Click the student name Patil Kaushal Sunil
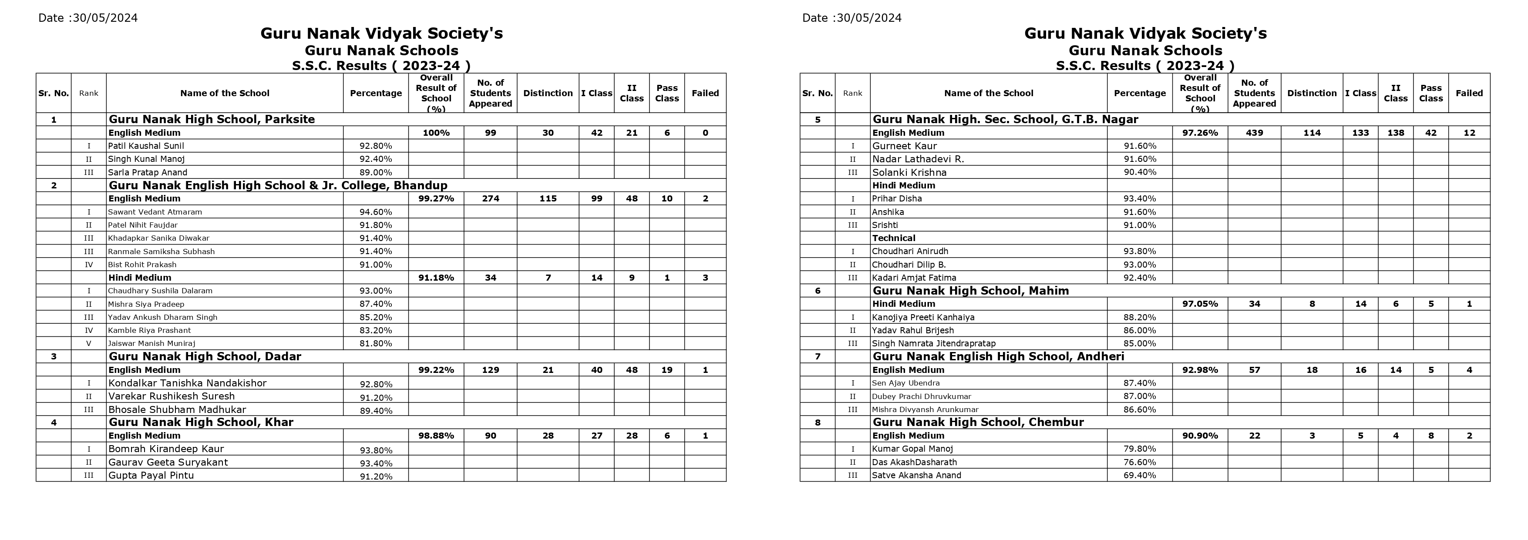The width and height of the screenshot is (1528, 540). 146,146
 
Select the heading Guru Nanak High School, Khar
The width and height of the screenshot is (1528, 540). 201,422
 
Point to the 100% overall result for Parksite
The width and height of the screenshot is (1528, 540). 436,133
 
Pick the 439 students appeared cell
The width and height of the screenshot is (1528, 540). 1254,133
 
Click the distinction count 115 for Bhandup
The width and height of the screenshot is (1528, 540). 548,198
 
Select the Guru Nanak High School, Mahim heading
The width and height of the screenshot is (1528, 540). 970,290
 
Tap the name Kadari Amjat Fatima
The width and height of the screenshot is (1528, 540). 913,278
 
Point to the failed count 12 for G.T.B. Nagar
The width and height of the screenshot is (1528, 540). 1469,133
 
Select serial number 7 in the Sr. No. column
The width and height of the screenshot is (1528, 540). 818,356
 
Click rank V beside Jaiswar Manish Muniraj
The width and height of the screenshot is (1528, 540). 89,343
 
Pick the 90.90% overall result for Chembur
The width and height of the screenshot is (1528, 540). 1200,436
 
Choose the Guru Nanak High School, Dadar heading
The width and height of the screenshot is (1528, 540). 205,356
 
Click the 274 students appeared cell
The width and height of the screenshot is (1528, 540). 490,198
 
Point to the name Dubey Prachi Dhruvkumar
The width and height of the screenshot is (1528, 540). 921,396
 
